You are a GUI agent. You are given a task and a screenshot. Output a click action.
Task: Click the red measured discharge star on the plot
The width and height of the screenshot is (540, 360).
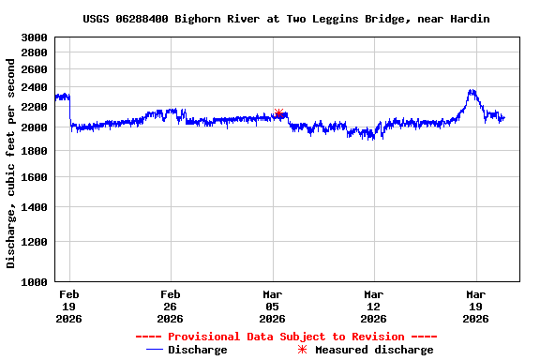tap(278, 113)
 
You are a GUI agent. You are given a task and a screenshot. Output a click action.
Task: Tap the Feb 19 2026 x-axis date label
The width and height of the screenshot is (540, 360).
tap(68, 306)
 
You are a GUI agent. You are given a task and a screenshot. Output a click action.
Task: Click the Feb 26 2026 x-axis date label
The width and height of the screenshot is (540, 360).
tap(170, 306)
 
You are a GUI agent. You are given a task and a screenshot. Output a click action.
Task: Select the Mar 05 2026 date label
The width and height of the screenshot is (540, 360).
tap(272, 306)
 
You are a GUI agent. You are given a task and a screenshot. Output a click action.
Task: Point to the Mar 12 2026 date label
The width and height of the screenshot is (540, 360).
tap(373, 306)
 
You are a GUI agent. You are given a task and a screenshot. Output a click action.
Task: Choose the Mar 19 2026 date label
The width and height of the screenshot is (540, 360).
tap(475, 306)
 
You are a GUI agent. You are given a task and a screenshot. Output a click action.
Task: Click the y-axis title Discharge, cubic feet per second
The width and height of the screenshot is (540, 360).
tap(11, 160)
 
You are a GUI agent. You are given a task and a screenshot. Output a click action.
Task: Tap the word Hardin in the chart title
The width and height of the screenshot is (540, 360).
tap(470, 19)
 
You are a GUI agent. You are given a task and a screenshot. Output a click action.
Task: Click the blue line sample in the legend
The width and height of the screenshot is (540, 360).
tap(156, 350)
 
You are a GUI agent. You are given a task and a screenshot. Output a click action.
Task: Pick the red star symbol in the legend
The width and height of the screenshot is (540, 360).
tap(302, 350)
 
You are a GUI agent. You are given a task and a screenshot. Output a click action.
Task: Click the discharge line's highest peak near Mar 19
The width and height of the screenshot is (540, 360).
tap(472, 90)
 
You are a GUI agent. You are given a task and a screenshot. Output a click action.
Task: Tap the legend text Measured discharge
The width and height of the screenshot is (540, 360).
tap(374, 350)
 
